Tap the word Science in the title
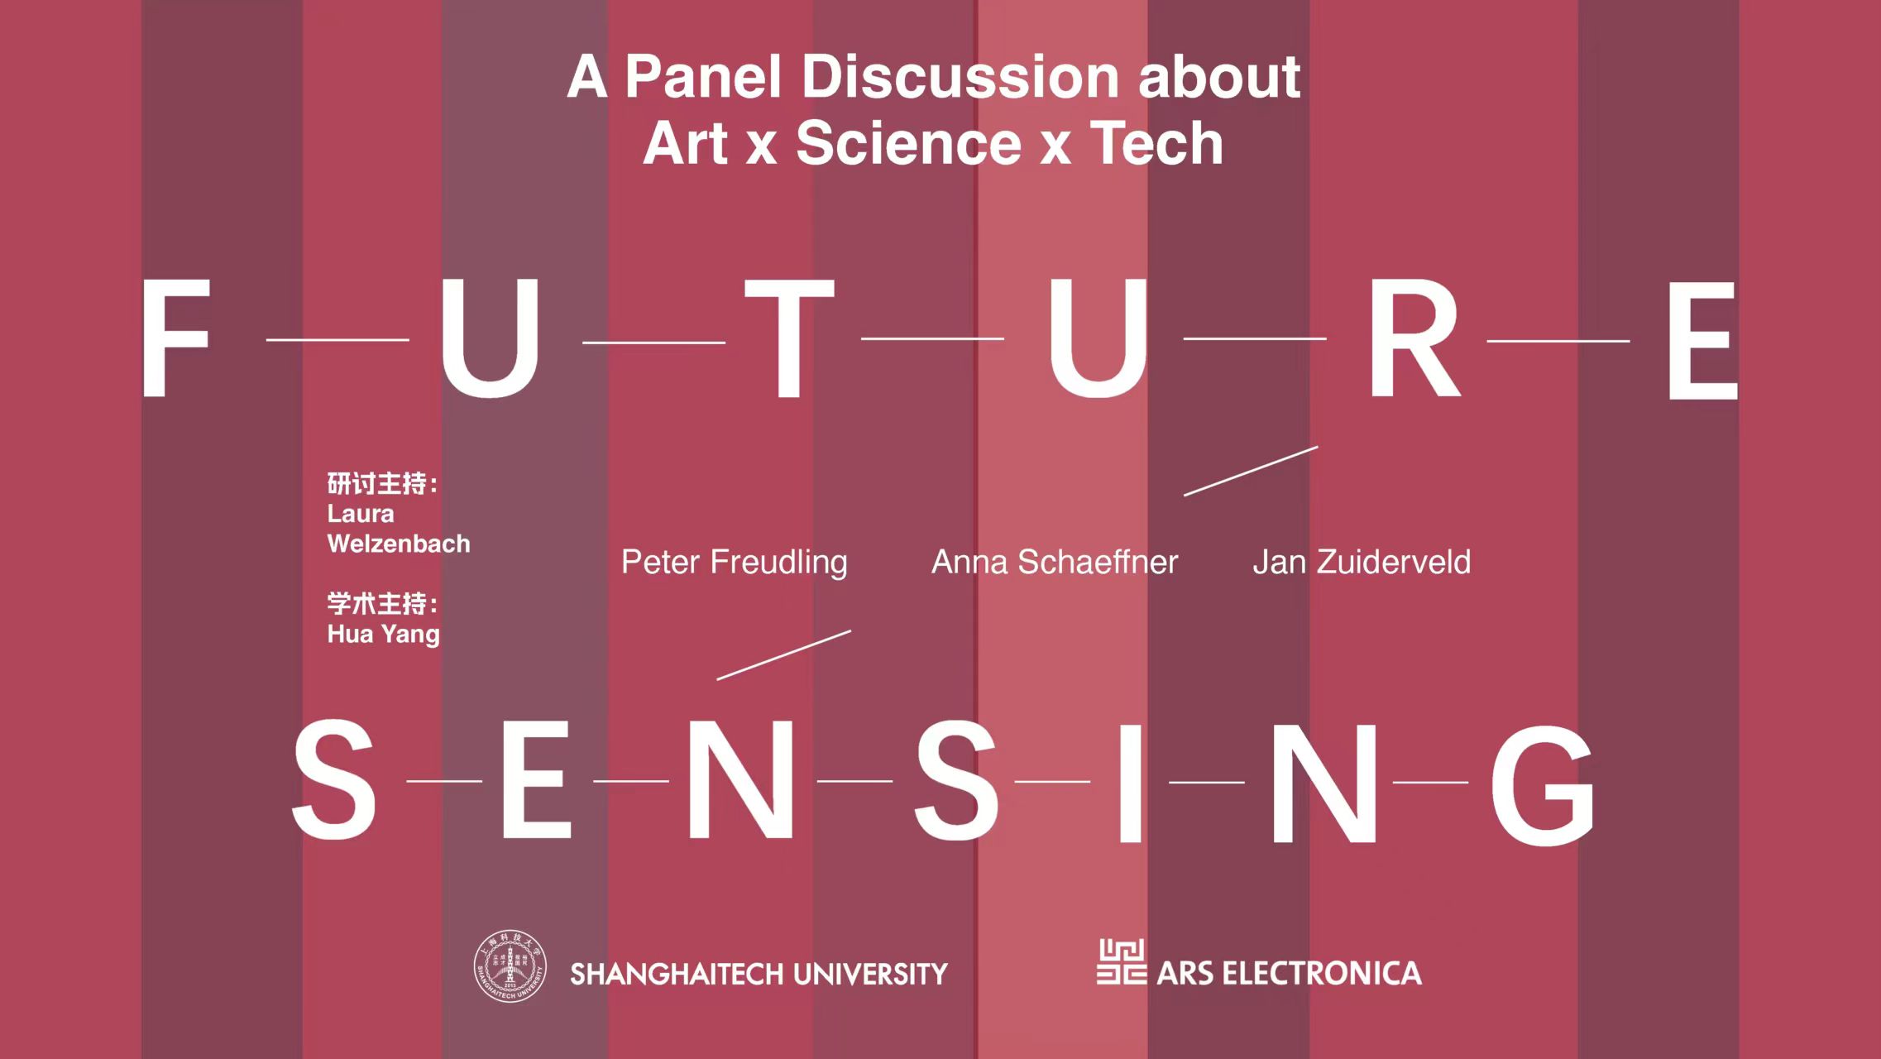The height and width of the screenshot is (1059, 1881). (908, 143)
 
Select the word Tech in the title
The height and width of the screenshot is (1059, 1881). (1156, 143)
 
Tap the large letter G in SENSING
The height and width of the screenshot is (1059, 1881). (1542, 784)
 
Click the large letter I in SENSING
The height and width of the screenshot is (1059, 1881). (1130, 782)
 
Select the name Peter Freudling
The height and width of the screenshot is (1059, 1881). (735, 563)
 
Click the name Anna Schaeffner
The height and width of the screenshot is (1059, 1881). (1055, 563)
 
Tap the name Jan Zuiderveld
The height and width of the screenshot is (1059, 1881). (1362, 563)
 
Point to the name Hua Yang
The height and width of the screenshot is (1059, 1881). (383, 635)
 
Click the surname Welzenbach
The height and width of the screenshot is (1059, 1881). (399, 544)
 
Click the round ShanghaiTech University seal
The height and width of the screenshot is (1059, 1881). (510, 966)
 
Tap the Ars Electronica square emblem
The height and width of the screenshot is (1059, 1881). (1122, 961)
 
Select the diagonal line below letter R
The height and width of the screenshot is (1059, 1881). (1251, 471)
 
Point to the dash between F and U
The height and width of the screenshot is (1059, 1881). (337, 339)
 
